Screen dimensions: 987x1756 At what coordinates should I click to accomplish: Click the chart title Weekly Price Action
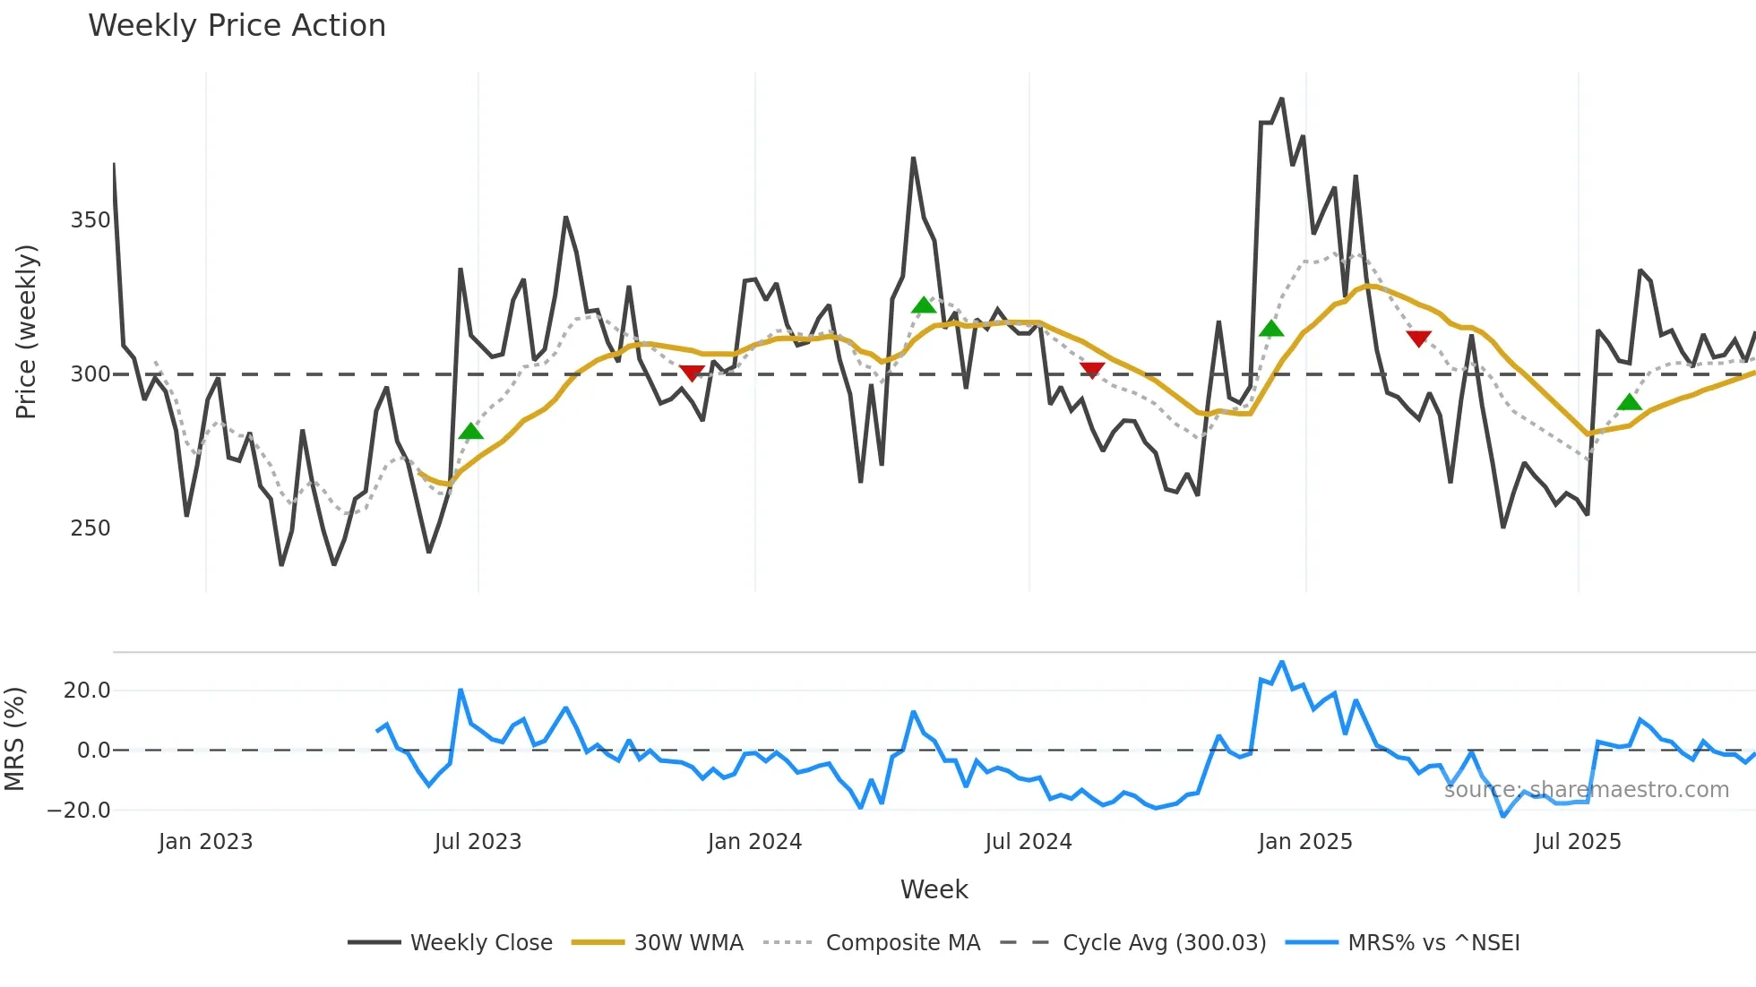point(237,26)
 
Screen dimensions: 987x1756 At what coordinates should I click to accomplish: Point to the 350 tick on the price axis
point(90,220)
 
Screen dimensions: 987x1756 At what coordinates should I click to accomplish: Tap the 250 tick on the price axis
point(90,528)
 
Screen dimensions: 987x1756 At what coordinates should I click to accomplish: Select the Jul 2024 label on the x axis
point(1028,842)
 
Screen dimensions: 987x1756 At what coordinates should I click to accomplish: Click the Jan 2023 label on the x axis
point(205,842)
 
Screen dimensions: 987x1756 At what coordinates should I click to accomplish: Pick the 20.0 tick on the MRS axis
point(87,691)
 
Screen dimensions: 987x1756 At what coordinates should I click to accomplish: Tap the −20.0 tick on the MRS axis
point(79,811)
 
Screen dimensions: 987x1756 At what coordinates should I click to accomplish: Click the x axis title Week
point(934,889)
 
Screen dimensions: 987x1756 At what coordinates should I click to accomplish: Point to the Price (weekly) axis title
point(27,331)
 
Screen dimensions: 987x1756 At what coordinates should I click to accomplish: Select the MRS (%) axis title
point(14,739)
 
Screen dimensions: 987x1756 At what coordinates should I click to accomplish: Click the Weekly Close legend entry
point(481,943)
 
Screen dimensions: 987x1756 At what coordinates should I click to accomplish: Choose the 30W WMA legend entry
point(688,943)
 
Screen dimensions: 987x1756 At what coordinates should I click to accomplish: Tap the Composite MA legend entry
point(902,943)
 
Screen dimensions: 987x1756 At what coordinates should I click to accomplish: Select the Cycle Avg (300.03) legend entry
point(1164,943)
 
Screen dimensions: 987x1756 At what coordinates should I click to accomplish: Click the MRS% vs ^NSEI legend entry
point(1433,943)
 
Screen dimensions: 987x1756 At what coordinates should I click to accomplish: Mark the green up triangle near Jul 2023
point(470,432)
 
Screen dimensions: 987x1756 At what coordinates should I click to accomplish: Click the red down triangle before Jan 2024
point(692,373)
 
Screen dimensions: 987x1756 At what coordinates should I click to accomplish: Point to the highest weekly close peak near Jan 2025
point(1282,99)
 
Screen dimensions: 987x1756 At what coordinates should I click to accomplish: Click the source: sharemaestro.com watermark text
point(1586,790)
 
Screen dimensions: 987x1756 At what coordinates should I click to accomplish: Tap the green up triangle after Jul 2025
point(1630,402)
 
